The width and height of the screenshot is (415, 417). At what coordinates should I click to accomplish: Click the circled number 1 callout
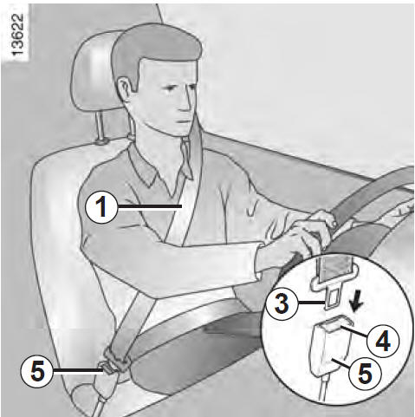pyautogui.click(x=101, y=207)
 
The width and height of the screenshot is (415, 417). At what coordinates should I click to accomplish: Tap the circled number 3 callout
pyautogui.click(x=282, y=303)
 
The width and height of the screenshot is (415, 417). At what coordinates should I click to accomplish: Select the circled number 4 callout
pyautogui.click(x=383, y=341)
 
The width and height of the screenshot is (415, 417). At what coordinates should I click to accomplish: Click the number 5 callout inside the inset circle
pyautogui.click(x=365, y=373)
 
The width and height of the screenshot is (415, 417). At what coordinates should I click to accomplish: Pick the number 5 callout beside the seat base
pyautogui.click(x=37, y=371)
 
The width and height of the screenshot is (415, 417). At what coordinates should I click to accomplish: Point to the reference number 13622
pyautogui.click(x=18, y=35)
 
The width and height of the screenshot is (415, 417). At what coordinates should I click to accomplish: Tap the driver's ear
pyautogui.click(x=125, y=88)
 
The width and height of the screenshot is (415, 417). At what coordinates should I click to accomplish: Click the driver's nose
pyautogui.click(x=185, y=102)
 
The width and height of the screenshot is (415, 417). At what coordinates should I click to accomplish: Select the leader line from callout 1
pyautogui.click(x=150, y=206)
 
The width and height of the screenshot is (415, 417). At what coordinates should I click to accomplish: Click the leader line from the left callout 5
pyautogui.click(x=78, y=371)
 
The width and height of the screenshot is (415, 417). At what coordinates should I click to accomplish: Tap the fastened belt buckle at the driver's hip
pyautogui.click(x=114, y=362)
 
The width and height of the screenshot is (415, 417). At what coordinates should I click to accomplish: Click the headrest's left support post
pyautogui.click(x=101, y=127)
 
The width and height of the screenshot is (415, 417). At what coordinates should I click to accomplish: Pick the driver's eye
pyautogui.click(x=167, y=87)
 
